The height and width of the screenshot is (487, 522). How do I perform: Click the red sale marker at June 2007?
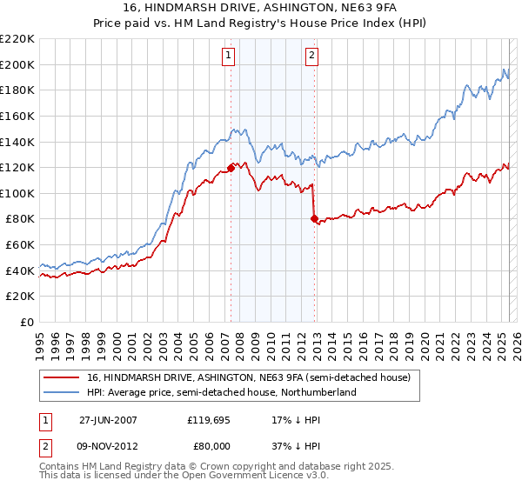(231, 168)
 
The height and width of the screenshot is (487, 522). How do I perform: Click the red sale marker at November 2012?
(313, 219)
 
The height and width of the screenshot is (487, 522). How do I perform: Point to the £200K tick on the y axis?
(18, 64)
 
